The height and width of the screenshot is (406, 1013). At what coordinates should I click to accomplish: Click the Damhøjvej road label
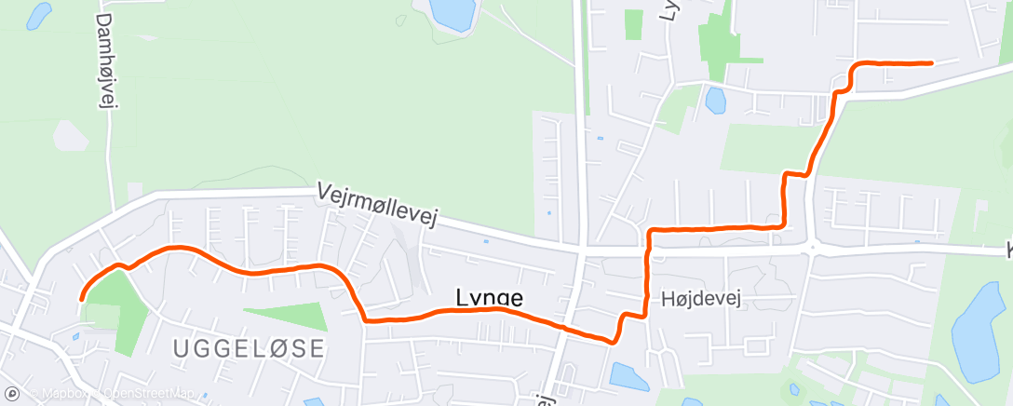click(x=104, y=61)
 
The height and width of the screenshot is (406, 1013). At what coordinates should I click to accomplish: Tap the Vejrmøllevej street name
click(x=377, y=204)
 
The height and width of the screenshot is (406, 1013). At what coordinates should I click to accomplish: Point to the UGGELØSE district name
click(x=250, y=349)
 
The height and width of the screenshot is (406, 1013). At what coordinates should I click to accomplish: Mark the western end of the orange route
click(x=82, y=298)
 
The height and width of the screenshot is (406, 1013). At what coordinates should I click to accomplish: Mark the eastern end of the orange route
click(x=931, y=63)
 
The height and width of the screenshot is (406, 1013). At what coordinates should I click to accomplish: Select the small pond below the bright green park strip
click(x=715, y=98)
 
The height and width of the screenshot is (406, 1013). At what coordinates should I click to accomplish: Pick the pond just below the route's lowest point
click(x=629, y=376)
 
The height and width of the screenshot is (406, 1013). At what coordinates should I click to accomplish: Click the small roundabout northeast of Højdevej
click(x=814, y=249)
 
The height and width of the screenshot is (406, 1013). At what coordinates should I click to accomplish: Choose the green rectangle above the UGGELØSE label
click(x=285, y=318)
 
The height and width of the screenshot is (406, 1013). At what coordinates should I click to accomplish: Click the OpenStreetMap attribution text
click(x=149, y=394)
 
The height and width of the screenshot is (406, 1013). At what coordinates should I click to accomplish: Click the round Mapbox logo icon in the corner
click(x=12, y=394)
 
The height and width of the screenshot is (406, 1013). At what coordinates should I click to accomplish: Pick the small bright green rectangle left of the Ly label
click(x=633, y=23)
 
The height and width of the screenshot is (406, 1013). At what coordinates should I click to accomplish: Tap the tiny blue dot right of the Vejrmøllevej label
click(x=485, y=241)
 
